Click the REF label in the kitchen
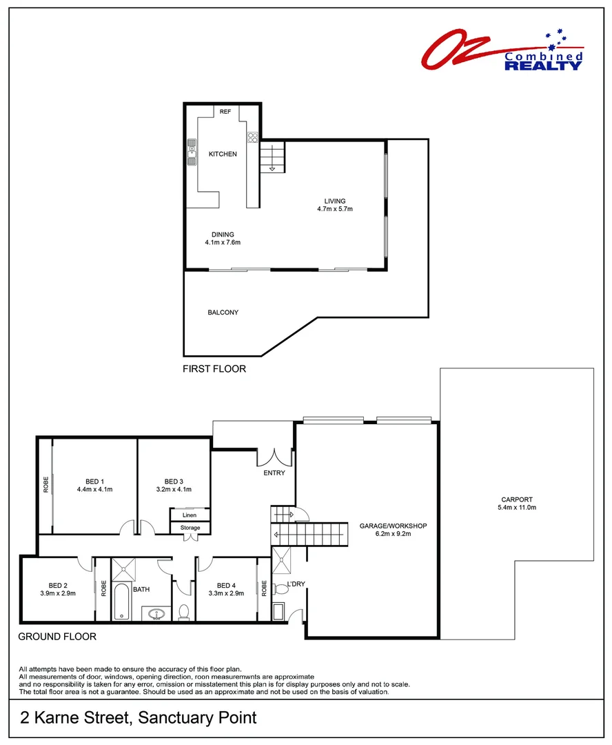225,111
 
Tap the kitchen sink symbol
192,153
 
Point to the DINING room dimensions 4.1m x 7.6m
223,243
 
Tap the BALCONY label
223,312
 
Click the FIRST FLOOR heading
214,369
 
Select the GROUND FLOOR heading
57,637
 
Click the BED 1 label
94,481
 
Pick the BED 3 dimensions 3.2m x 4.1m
174,489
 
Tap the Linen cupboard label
190,515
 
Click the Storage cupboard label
190,528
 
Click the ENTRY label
274,473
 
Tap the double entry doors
275,456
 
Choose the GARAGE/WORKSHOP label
394,526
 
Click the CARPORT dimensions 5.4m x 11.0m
517,508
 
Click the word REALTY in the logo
543,66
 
